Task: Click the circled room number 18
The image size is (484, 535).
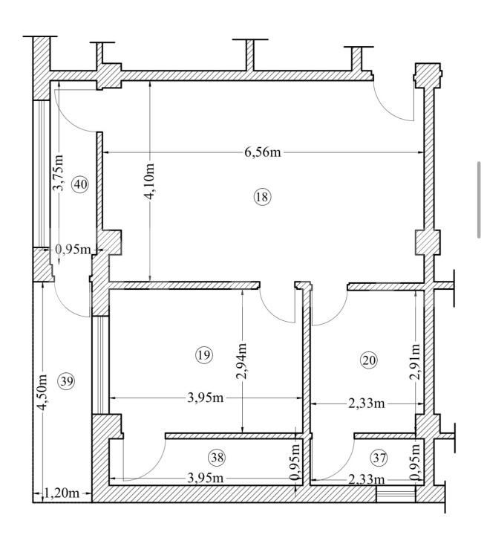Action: pos(263,197)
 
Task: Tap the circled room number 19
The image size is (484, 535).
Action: pos(204,355)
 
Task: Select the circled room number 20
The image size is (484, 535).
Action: pos(369,360)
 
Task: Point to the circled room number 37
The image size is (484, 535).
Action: pos(379,458)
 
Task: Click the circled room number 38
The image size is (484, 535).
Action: pos(217,457)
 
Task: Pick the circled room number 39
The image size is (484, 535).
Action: pos(67,381)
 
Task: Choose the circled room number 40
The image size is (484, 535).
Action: pos(80,184)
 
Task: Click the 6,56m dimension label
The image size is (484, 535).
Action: pos(263,152)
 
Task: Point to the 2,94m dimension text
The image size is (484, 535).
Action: pos(242,361)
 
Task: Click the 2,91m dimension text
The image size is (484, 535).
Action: pos(416,362)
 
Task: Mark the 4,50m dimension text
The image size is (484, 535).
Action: pos(42,393)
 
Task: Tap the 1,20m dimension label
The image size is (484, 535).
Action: pos(62,493)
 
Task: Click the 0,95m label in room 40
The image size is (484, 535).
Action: pos(73,250)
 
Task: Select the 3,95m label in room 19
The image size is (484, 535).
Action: pos(206,398)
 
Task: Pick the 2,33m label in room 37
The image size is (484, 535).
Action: pos(367,480)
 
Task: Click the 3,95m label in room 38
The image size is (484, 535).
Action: pos(206,478)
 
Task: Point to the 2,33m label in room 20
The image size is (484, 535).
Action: pos(367,404)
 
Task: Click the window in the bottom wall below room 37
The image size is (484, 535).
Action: pos(396,494)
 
